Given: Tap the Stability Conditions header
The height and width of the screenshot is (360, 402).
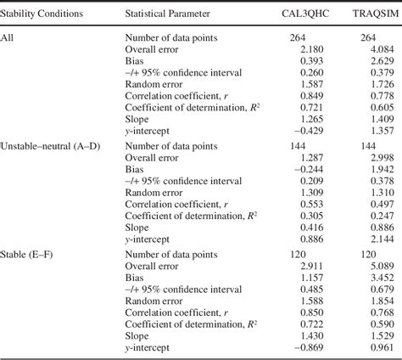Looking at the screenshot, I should coord(46,15).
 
